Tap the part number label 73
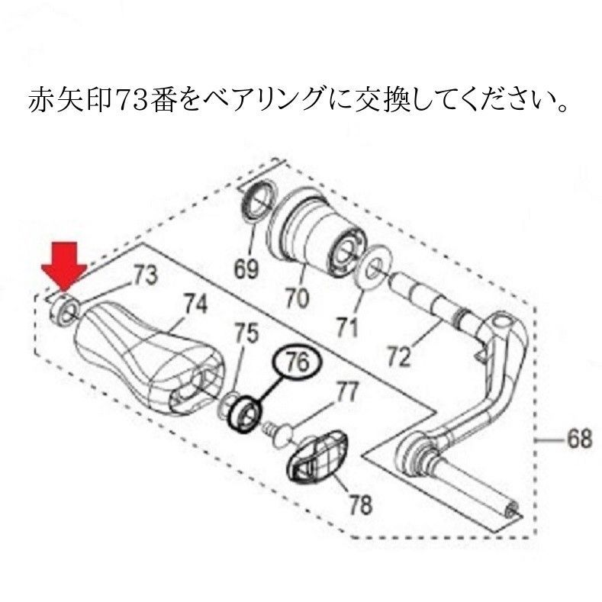[x=145, y=275]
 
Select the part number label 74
[x=195, y=304]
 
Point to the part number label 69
[x=246, y=269]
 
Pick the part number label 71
[x=346, y=327]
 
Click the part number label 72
[x=399, y=356]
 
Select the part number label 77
[x=346, y=392]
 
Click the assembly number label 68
[x=579, y=439]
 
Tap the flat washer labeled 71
[x=372, y=267]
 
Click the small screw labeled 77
[x=278, y=434]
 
